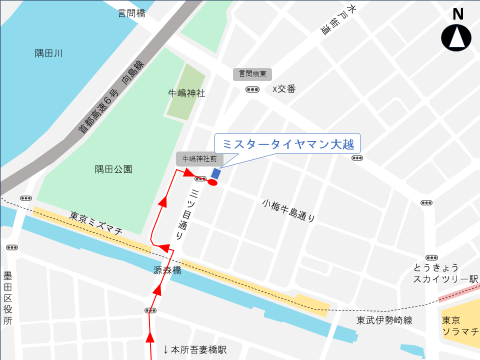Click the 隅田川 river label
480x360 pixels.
pos(49,53)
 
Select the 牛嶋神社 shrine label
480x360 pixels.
pos(186,93)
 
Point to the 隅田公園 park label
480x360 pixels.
pos(113,169)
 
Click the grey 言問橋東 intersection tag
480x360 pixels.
pos(252,74)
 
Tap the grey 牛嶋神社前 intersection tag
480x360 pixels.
pos(199,159)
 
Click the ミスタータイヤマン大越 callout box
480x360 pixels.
pos(287,144)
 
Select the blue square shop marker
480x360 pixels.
pos(216,173)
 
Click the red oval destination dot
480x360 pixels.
pos(212,183)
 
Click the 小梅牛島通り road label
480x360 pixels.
pos(289,210)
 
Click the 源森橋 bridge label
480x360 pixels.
pos(167,270)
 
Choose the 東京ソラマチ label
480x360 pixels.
pos(460,325)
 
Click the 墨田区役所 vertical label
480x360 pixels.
pos(7,298)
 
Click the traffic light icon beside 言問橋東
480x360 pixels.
pos(252,89)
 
